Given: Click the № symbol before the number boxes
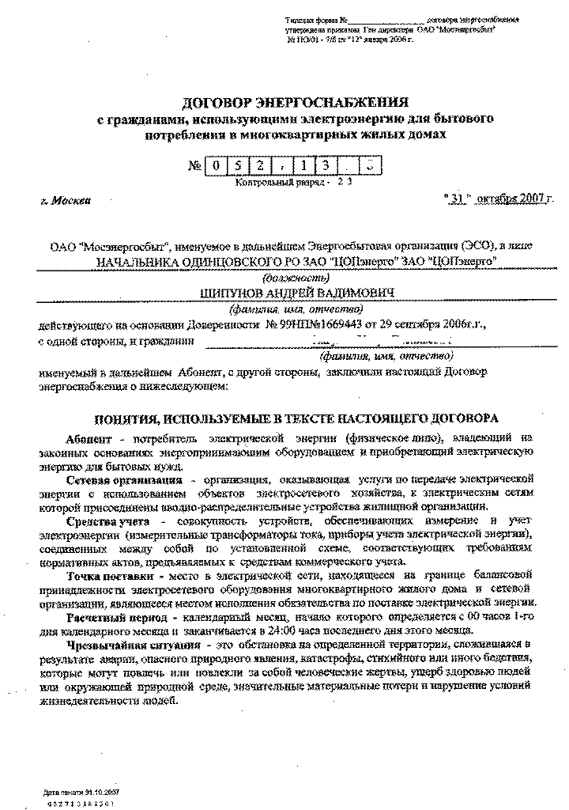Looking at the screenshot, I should [195, 166].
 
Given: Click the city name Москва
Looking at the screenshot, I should [72, 200].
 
